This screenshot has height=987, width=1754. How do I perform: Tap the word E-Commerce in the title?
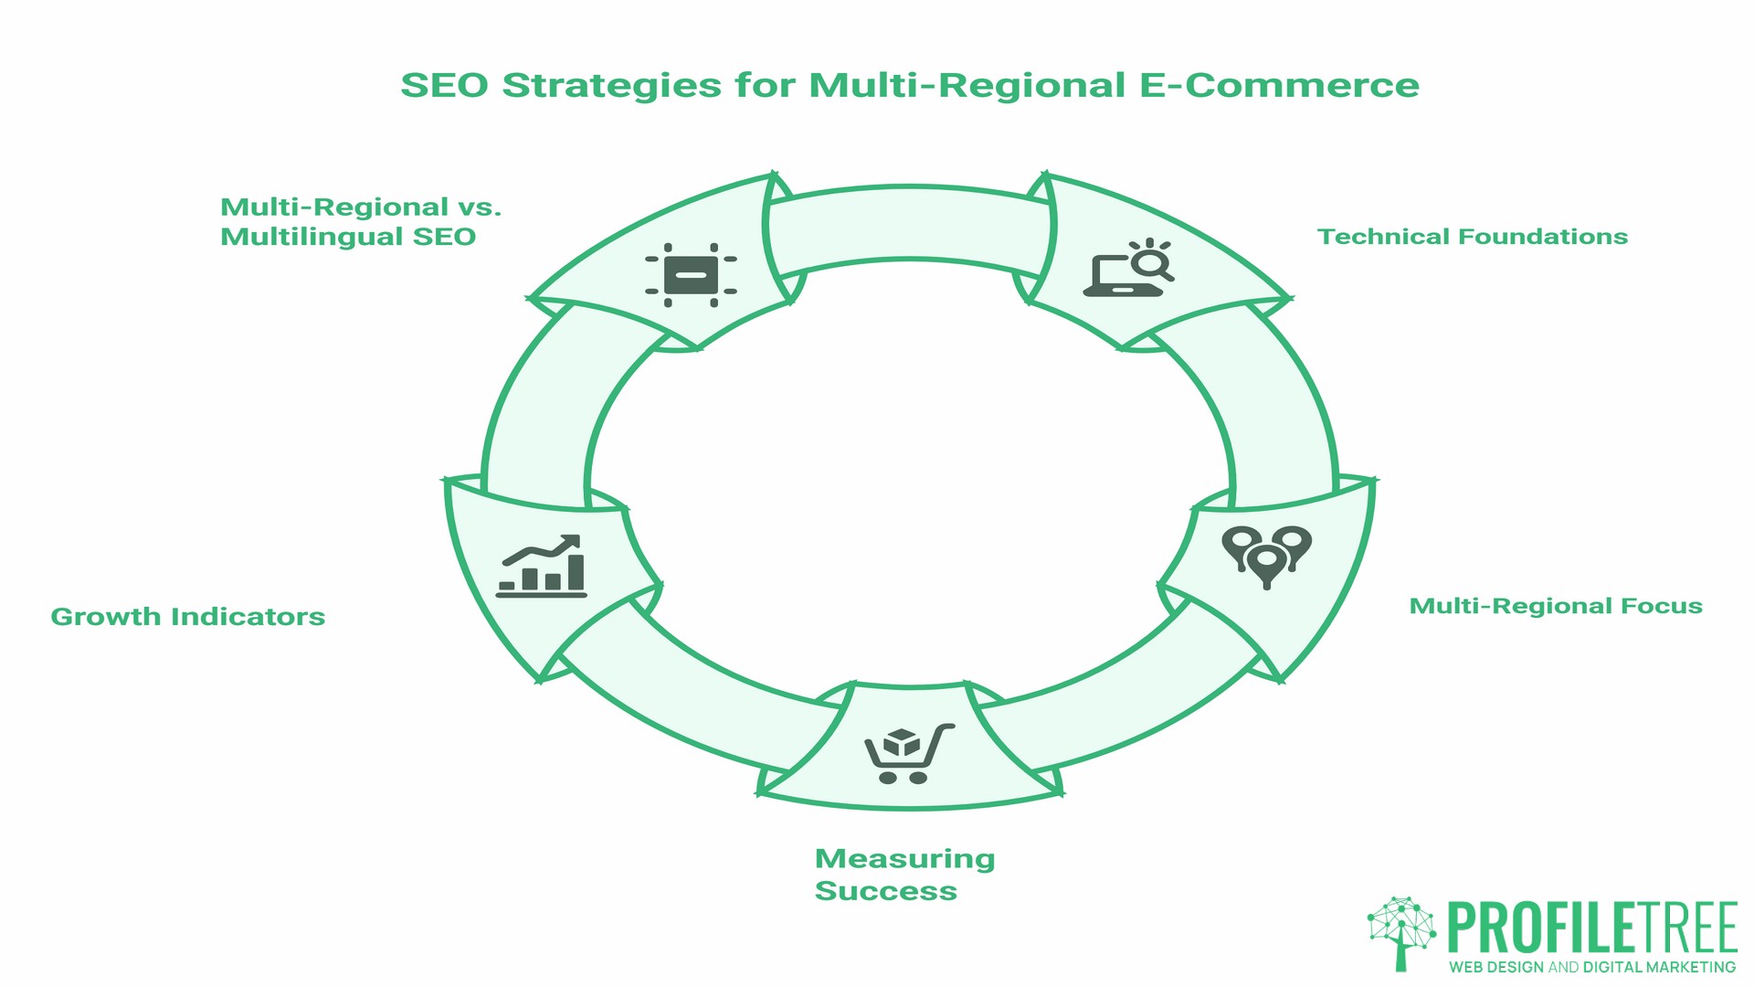coord(1279,85)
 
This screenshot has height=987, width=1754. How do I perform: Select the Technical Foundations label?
coord(1472,237)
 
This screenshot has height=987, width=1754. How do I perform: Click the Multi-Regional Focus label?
coord(1555,606)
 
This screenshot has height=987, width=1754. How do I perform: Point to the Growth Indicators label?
coord(187,617)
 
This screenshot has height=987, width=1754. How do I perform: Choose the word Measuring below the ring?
coord(904,859)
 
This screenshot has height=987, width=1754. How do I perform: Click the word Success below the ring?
coord(885,891)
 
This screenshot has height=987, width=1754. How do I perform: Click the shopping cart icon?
coord(908,753)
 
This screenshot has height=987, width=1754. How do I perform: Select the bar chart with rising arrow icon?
coord(541,567)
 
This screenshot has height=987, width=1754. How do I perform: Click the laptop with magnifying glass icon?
coord(1128,268)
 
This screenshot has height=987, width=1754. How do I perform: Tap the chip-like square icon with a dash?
coord(691,274)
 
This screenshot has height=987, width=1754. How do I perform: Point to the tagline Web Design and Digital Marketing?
coord(1592,967)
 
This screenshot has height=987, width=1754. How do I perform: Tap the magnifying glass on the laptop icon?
coord(1151,263)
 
